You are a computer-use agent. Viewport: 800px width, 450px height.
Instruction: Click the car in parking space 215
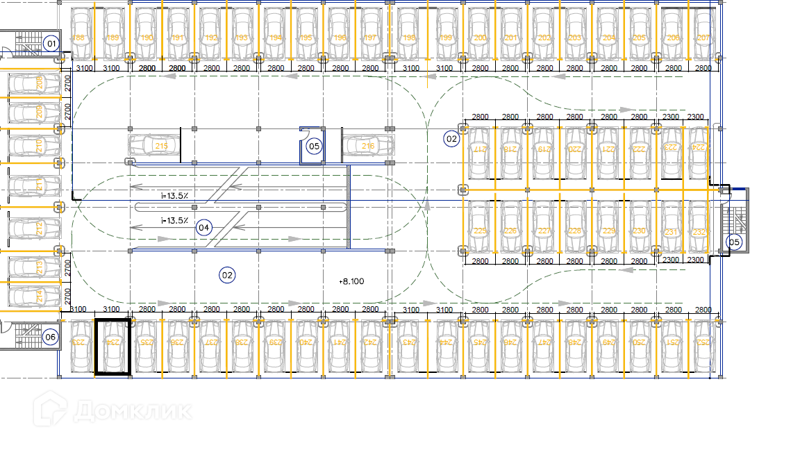(x=154, y=146)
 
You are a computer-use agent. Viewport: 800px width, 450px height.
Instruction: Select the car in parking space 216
(x=367, y=146)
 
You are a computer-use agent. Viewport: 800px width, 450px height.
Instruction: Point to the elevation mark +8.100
(x=351, y=281)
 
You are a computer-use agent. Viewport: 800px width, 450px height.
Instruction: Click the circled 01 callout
(x=50, y=44)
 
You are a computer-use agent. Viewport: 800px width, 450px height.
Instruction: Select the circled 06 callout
(x=50, y=337)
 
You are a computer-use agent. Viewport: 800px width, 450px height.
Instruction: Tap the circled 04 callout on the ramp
(x=203, y=227)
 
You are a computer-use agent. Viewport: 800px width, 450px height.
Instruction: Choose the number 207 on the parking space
(x=703, y=38)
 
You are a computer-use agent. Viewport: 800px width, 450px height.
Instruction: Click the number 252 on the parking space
(x=703, y=342)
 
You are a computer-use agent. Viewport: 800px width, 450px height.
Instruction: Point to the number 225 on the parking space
(x=478, y=231)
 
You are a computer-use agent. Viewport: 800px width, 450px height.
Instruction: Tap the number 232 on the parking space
(x=699, y=231)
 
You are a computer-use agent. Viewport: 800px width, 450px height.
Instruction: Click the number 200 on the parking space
(x=478, y=38)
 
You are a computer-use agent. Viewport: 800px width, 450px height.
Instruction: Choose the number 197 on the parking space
(x=371, y=38)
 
